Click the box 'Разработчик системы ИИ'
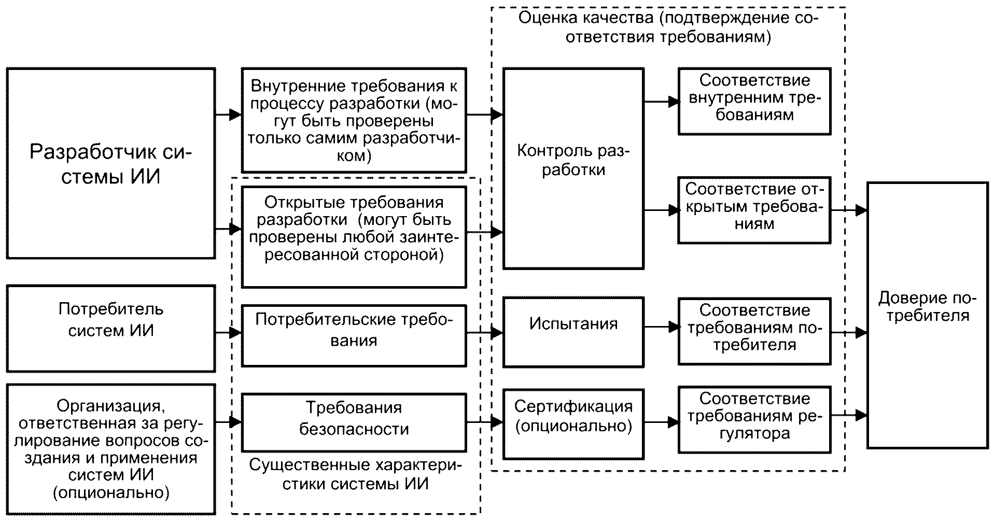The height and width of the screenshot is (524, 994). pyautogui.click(x=110, y=163)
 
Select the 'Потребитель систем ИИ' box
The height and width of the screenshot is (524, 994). pyautogui.click(x=110, y=328)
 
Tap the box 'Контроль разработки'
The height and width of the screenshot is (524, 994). pyautogui.click(x=573, y=168)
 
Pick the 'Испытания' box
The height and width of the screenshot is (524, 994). pyautogui.click(x=573, y=332)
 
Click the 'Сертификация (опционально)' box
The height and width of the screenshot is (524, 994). pyautogui.click(x=573, y=424)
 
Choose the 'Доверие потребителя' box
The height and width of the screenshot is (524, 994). pyautogui.click(x=928, y=315)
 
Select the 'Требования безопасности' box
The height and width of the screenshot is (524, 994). pyautogui.click(x=354, y=422)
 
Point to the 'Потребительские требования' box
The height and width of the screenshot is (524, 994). pyautogui.click(x=354, y=336)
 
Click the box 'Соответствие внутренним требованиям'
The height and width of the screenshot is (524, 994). pyautogui.click(x=754, y=101)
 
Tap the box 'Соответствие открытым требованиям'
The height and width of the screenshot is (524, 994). pyautogui.click(x=754, y=210)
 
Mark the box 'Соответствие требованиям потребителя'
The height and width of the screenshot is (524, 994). pyautogui.click(x=754, y=331)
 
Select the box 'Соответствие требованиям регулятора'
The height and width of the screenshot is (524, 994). pyautogui.click(x=754, y=419)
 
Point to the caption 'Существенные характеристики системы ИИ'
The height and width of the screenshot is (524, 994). pyautogui.click(x=355, y=474)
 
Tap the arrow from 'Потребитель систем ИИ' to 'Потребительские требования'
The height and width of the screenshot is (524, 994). pyautogui.click(x=229, y=333)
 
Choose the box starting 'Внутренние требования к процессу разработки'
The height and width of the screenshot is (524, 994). pyautogui.click(x=354, y=120)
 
